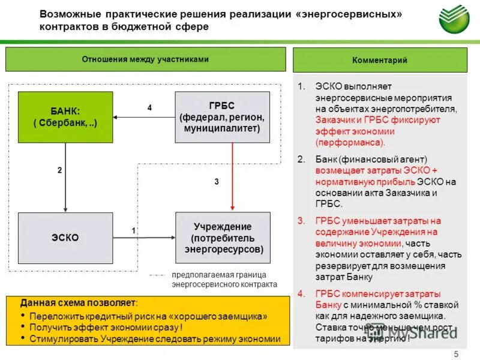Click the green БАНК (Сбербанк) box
pos(65,117)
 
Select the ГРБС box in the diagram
pos(222,117)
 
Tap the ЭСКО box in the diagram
pos(65,238)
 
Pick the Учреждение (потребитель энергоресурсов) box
pos(222,238)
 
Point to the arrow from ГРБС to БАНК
pos(144,117)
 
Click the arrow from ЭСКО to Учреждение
pos(144,238)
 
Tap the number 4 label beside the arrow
pos(150,107)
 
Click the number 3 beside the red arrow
pos(217,181)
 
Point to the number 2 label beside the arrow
pos(59,170)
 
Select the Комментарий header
pos(380,60)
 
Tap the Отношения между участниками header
pos(145,59)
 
